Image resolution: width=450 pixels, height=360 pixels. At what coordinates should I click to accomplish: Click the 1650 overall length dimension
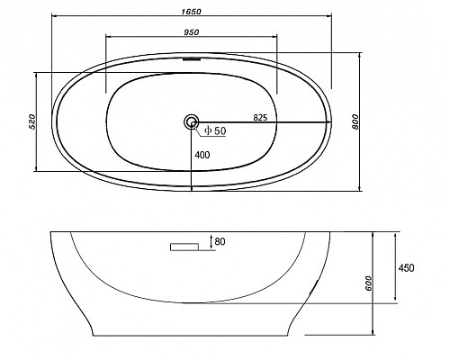point(191,12)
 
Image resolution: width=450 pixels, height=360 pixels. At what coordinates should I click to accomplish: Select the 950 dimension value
point(191,31)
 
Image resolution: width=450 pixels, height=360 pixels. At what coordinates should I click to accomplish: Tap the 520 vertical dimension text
point(32,121)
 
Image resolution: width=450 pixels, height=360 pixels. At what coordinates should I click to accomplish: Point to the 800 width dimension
point(355,121)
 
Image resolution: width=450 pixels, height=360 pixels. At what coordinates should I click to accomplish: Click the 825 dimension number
point(260,118)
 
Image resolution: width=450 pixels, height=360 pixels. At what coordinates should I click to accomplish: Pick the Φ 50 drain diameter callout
point(215,130)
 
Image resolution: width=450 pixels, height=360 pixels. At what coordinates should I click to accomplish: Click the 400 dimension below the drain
point(202,155)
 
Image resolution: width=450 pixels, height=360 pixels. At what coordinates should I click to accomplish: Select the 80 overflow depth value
point(220,241)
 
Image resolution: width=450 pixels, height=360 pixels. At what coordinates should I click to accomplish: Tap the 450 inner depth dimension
point(406,267)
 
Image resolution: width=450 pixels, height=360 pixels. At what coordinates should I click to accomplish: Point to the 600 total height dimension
point(369,283)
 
